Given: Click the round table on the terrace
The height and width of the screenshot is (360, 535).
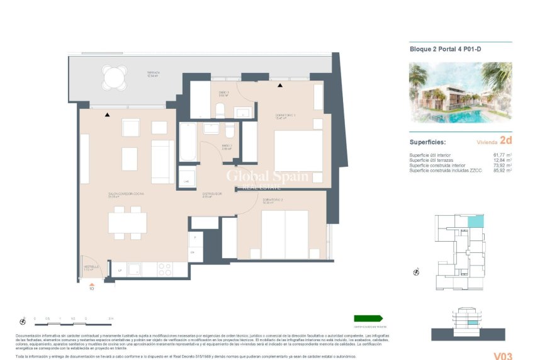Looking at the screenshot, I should [114, 78].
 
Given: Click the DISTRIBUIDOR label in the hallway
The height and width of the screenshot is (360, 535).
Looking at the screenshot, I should [210, 194].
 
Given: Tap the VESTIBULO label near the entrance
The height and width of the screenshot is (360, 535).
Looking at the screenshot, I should [92, 267].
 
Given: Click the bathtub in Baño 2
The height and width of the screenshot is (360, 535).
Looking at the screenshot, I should [188, 142].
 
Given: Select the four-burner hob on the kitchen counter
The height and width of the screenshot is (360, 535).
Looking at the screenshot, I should [165, 269].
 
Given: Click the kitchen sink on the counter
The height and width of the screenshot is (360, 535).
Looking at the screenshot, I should [134, 269].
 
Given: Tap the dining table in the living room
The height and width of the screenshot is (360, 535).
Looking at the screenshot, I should [127, 223].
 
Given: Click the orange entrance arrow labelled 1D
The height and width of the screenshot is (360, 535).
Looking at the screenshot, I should [91, 283].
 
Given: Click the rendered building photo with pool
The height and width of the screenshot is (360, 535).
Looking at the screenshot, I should [459, 94].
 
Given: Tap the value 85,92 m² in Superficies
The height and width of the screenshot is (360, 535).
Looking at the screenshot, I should [501, 170].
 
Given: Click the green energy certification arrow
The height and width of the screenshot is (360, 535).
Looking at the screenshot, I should [368, 319].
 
